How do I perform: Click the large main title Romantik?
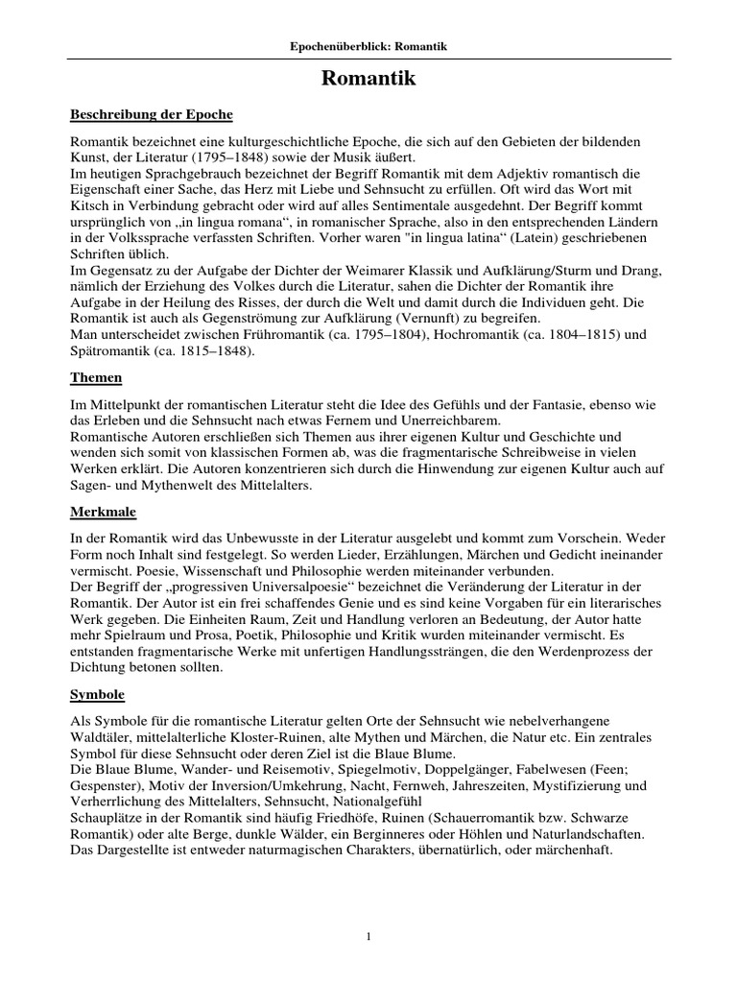pos(368,79)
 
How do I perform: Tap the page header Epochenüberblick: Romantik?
pos(368,46)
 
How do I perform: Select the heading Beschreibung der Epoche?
pos(152,114)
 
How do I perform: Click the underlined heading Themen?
pos(97,379)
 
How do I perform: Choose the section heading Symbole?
pos(99,693)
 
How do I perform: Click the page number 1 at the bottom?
pos(368,935)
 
